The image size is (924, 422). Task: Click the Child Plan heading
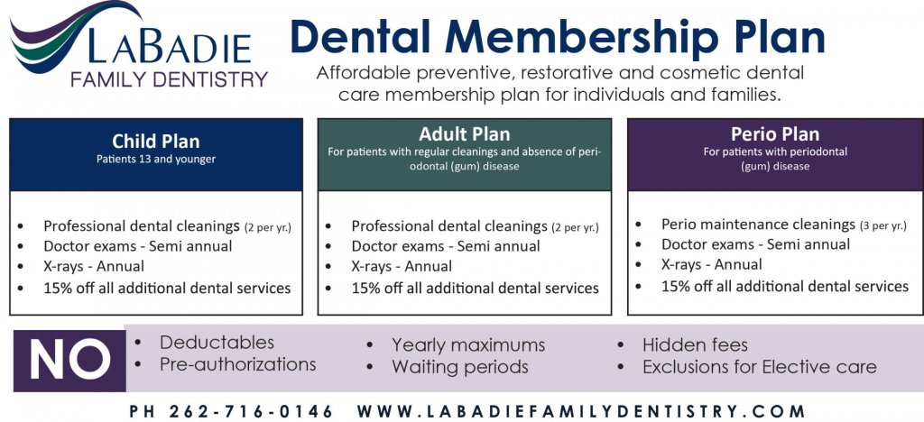156,142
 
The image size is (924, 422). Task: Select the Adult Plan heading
465,134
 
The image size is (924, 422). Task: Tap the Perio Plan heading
775,134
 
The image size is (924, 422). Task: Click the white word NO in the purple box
70,360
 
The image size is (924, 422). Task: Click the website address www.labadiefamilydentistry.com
581,411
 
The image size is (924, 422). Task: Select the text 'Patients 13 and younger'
156,159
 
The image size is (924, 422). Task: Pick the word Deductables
217,343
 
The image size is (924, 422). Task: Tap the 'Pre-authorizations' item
237,364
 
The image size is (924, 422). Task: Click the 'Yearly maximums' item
468,344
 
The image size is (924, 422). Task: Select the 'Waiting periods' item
459,367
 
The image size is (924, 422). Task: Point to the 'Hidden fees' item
695,344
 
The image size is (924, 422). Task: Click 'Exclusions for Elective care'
760,367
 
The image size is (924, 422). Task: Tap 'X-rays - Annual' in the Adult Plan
402,266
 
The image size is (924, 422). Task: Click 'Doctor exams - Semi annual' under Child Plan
138,246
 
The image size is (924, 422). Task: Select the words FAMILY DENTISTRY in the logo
169,78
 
